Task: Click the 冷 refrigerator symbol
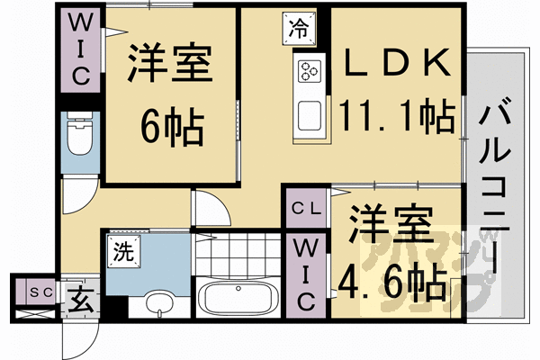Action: point(299,27)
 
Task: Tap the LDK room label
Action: point(396,64)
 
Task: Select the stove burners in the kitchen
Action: point(310,69)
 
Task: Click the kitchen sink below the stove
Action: point(310,115)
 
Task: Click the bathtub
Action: point(238,297)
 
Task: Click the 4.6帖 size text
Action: point(392,280)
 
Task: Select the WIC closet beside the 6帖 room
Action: point(79,49)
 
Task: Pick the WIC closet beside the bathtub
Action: point(304,270)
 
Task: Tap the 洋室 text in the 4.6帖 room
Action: point(392,226)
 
